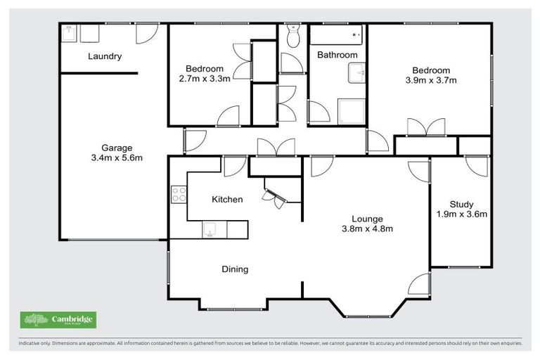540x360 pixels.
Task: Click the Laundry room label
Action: click(105, 56)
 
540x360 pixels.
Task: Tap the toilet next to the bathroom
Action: click(293, 36)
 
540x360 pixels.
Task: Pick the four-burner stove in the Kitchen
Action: click(179, 193)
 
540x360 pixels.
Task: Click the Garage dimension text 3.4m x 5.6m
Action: click(117, 158)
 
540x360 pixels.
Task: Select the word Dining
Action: click(235, 269)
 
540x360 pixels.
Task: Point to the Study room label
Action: click(461, 205)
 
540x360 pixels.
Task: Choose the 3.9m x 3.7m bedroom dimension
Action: click(431, 80)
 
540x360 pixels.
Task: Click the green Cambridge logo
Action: click(58, 320)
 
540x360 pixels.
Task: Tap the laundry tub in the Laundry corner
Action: click(70, 34)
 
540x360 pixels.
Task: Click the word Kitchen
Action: click(227, 200)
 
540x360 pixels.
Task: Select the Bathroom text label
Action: click(337, 55)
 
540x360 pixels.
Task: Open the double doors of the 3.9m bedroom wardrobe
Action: click(426, 127)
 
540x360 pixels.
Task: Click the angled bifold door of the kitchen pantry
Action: click(274, 196)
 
